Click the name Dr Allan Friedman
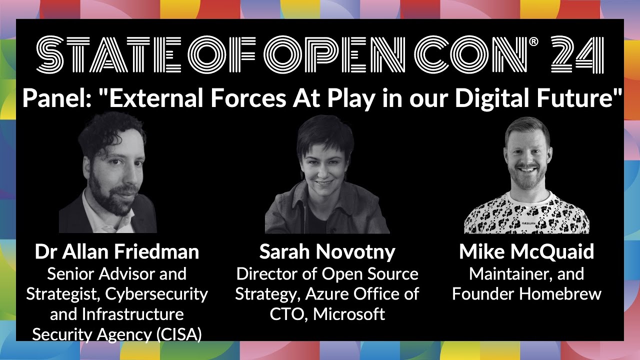click(x=116, y=252)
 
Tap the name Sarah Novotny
click(x=327, y=252)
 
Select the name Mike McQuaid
click(x=526, y=252)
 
